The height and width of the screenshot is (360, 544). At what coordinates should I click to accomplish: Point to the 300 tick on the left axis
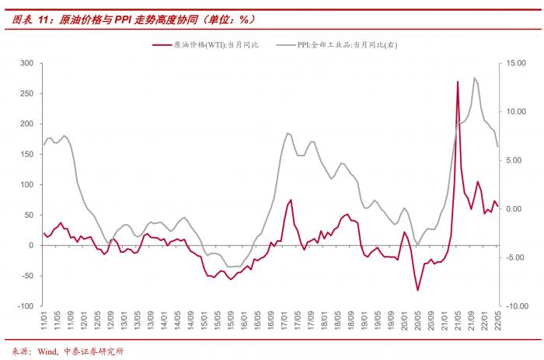click(x=25, y=63)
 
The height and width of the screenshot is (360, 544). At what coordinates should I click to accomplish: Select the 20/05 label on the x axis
click(x=417, y=321)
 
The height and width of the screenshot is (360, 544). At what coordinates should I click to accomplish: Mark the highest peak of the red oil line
click(x=458, y=82)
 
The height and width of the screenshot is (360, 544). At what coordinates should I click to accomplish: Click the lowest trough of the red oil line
click(x=417, y=290)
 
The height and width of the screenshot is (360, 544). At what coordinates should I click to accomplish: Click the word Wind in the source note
click(x=47, y=351)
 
